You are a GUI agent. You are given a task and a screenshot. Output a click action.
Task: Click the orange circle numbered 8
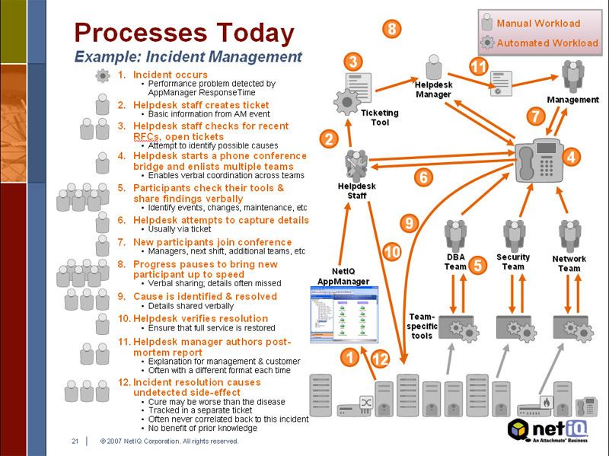click(391, 29)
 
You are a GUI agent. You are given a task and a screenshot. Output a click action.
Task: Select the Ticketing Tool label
click(380, 117)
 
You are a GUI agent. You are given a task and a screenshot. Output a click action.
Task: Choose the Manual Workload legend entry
click(537, 23)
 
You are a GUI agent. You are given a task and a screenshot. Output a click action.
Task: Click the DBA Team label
click(455, 261)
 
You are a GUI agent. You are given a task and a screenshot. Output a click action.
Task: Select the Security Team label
click(513, 262)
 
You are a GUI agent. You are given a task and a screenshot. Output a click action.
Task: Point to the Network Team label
click(569, 263)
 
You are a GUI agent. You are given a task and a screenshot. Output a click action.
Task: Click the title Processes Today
click(183, 33)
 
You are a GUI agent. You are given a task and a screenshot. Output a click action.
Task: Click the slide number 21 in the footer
click(75, 441)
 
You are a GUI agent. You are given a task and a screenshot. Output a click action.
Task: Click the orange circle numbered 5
click(477, 265)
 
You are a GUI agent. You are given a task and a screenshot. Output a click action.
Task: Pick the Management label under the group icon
click(572, 100)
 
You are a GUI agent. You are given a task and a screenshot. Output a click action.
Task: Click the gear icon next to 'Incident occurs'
click(103, 75)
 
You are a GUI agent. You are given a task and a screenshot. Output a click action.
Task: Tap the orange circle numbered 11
click(478, 66)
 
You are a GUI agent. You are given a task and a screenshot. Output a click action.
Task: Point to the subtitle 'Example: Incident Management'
click(188, 56)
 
